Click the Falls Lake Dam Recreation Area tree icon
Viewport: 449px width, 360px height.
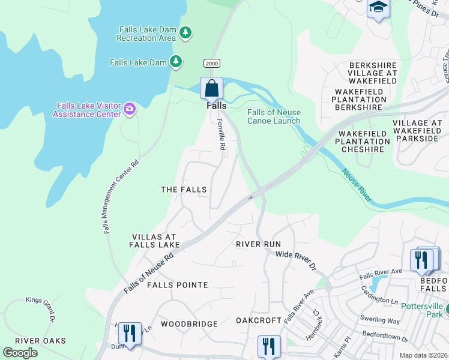tap(185, 32)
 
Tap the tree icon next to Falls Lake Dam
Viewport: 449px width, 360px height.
tap(175, 61)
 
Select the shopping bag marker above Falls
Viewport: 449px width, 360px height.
tap(211, 89)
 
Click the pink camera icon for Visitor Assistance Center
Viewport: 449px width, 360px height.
tap(130, 109)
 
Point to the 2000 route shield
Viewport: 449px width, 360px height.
tap(211, 63)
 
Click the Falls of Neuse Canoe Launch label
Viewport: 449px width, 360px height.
tap(274, 116)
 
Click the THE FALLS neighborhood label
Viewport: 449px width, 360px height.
tap(184, 190)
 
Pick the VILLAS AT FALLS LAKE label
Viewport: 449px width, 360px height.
tap(155, 241)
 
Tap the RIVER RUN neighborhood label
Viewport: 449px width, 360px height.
tap(258, 244)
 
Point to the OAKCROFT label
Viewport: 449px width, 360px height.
tap(258, 320)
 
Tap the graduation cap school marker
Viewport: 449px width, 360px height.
tap(378, 8)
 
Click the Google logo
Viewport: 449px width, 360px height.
tap(20, 352)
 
